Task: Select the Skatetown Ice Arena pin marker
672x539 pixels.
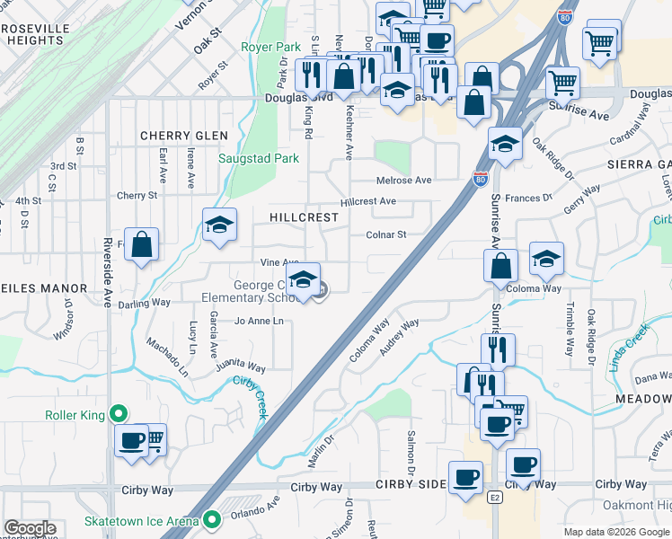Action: point(212,519)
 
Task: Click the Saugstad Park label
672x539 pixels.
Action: point(259,158)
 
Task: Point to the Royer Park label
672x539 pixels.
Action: point(270,46)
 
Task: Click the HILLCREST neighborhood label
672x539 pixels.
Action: point(305,217)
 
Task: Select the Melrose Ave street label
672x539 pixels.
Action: point(403,180)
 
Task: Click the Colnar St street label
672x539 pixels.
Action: point(386,234)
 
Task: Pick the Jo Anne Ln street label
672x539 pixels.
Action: point(259,321)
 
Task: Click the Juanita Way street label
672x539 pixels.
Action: point(240,367)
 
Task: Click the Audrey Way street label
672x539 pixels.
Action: point(399,337)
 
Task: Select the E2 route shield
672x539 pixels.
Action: point(494,497)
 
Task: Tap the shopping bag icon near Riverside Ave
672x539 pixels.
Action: point(142,244)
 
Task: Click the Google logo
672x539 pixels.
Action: point(30,528)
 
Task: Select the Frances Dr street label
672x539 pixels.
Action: point(528,198)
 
